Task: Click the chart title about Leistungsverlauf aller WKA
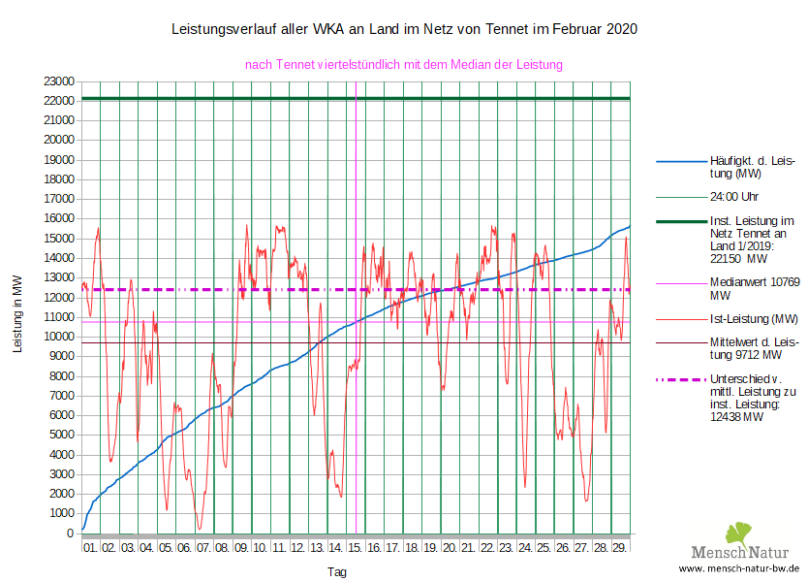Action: [x=404, y=30]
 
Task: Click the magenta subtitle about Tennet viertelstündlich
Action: [x=404, y=64]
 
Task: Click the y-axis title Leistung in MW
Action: [x=17, y=313]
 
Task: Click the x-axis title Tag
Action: [x=336, y=572]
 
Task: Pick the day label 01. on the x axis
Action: [x=90, y=548]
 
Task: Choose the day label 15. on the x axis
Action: [x=355, y=548]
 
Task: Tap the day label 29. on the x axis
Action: [x=619, y=548]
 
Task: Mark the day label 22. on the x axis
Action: [x=487, y=548]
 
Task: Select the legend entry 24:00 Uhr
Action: [x=734, y=197]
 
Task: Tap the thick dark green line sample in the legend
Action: [x=681, y=222]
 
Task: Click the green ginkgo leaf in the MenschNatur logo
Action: [x=738, y=533]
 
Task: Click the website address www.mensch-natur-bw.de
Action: [x=739, y=569]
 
